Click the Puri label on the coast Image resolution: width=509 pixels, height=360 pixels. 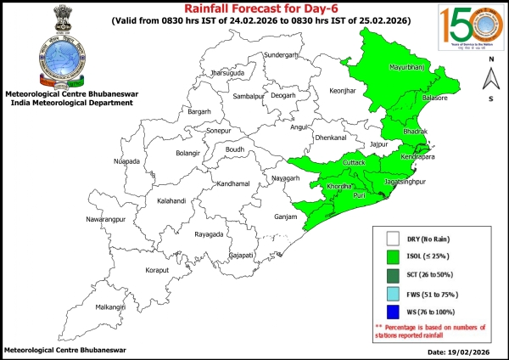[x=360, y=196]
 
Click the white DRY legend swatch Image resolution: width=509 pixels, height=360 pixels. [x=392, y=239]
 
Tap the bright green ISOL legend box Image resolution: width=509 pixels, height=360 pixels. [x=392, y=256]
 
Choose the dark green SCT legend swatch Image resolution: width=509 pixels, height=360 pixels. [x=392, y=275]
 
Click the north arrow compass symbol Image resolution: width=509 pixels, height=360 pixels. [x=490, y=78]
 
